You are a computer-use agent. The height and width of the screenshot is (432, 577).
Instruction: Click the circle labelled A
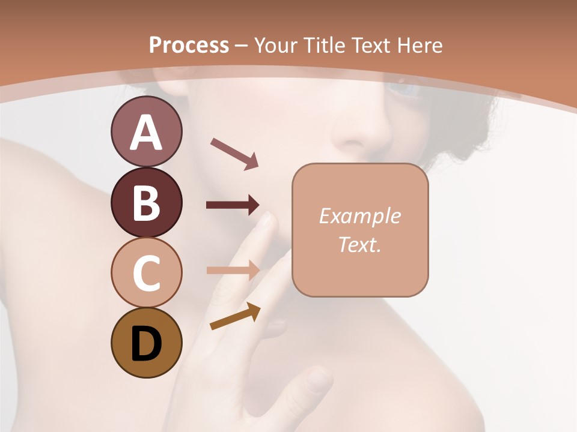[146, 131]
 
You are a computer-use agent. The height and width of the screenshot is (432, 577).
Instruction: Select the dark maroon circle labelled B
[146, 202]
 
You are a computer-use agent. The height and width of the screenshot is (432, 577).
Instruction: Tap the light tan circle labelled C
[146, 272]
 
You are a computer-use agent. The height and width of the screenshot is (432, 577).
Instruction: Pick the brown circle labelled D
[146, 343]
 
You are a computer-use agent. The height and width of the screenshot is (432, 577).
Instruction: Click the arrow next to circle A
[234, 153]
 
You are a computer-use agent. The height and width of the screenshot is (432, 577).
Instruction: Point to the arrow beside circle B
[233, 205]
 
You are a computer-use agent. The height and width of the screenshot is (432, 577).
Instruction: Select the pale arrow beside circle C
[233, 270]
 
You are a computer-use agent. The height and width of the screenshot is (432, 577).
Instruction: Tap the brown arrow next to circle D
[235, 316]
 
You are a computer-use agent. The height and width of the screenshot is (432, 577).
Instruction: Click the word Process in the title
[189, 45]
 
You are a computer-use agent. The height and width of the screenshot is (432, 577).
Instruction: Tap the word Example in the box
[360, 216]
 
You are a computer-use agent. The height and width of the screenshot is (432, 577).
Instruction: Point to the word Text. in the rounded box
[360, 244]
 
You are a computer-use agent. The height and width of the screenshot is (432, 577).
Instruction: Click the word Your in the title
[277, 45]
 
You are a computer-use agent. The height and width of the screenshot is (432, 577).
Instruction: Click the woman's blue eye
[401, 89]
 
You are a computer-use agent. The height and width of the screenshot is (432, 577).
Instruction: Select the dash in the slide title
[241, 45]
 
